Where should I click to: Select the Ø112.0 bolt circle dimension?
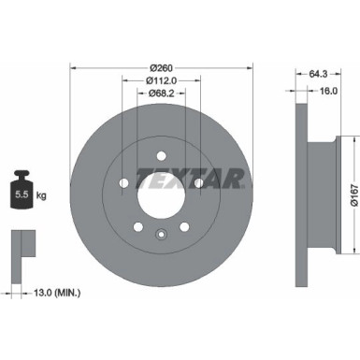coord(161,80)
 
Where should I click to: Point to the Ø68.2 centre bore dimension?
coord(161,94)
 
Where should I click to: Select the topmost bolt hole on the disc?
coord(161,155)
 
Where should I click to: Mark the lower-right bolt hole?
coord(183,224)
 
